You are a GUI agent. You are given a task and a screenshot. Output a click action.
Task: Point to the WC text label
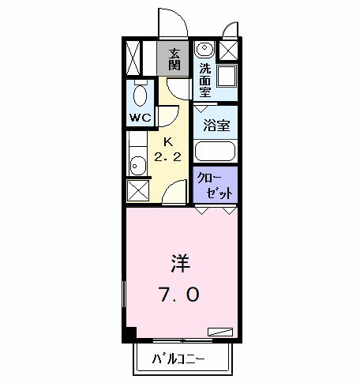pyautogui.click(x=141, y=118)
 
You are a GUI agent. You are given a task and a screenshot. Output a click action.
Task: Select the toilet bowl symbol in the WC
pyautogui.click(x=141, y=96)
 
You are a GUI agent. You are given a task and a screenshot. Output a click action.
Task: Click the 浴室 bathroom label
pyautogui.click(x=216, y=125)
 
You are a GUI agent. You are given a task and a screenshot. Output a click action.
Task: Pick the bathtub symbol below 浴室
pyautogui.click(x=216, y=151)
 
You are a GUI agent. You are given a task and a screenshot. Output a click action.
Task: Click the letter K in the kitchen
pyautogui.click(x=167, y=141)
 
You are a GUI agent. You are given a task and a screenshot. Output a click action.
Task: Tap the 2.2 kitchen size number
pyautogui.click(x=167, y=156)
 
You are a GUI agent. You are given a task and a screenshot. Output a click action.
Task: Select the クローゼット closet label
pyautogui.click(x=216, y=184)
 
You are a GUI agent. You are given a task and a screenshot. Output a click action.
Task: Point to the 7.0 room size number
pyautogui.click(x=181, y=295)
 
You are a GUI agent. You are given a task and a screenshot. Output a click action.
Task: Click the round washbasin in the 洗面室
pyautogui.click(x=204, y=49)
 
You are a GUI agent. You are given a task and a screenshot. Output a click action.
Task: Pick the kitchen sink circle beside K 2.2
pyautogui.click(x=137, y=165)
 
